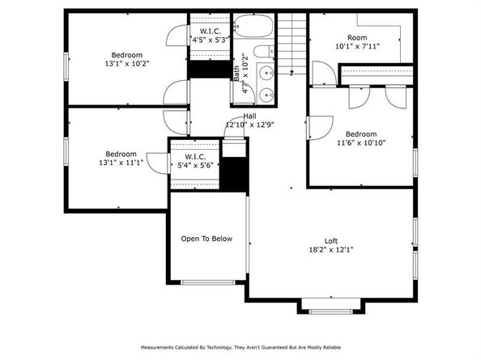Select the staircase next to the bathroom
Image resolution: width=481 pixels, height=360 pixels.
293,44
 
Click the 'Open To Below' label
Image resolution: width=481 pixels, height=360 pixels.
206,239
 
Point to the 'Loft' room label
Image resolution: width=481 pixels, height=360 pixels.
331,240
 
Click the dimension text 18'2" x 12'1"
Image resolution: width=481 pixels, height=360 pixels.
331,250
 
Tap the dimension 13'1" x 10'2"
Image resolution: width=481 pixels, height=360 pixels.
127,63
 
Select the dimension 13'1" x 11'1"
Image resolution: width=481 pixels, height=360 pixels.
120,163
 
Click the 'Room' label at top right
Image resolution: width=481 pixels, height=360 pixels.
357,37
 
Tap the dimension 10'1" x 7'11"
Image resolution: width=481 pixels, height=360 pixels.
357,46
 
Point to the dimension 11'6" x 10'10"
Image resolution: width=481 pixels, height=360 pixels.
360,143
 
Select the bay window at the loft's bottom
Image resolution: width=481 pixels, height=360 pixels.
332,307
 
